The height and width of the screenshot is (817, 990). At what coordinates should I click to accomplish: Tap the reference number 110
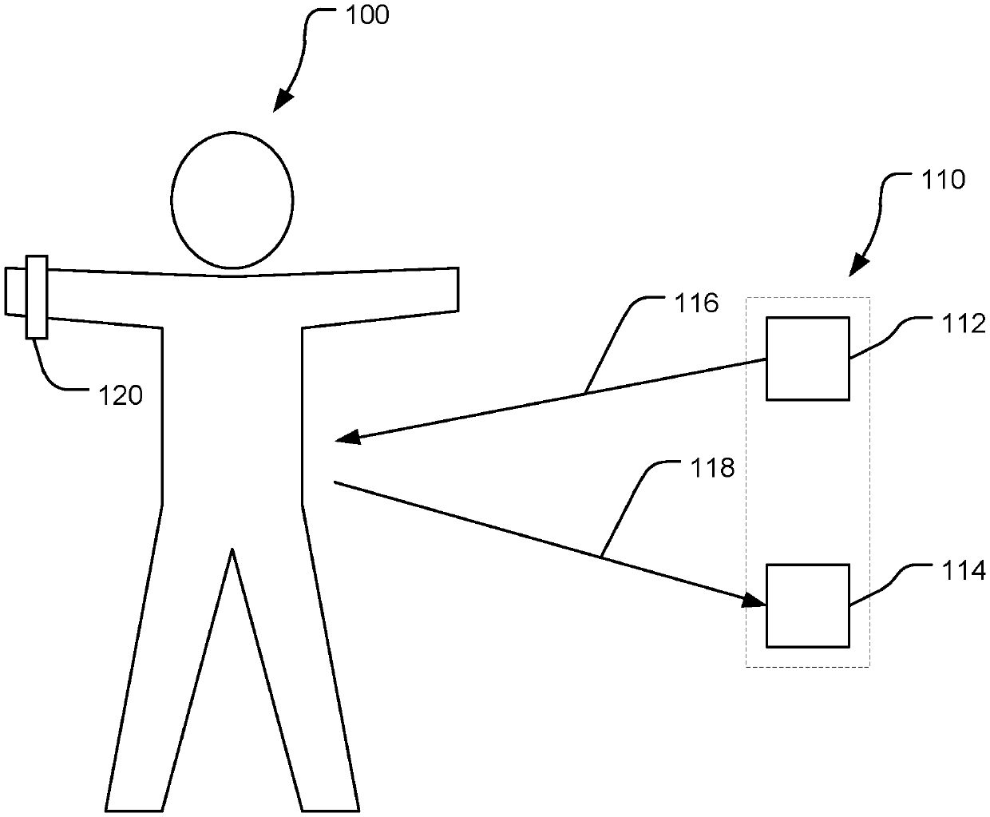[944, 180]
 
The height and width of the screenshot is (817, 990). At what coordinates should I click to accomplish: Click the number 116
[698, 304]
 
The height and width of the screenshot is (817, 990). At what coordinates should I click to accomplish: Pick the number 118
[712, 468]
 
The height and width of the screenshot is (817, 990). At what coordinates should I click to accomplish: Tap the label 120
[121, 395]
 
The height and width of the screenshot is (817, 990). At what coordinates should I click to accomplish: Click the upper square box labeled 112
[807, 358]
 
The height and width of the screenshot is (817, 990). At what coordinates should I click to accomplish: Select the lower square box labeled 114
[807, 605]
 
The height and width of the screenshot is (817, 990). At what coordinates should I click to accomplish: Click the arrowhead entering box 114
[755, 601]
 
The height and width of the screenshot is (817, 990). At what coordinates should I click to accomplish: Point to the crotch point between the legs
[232, 551]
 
